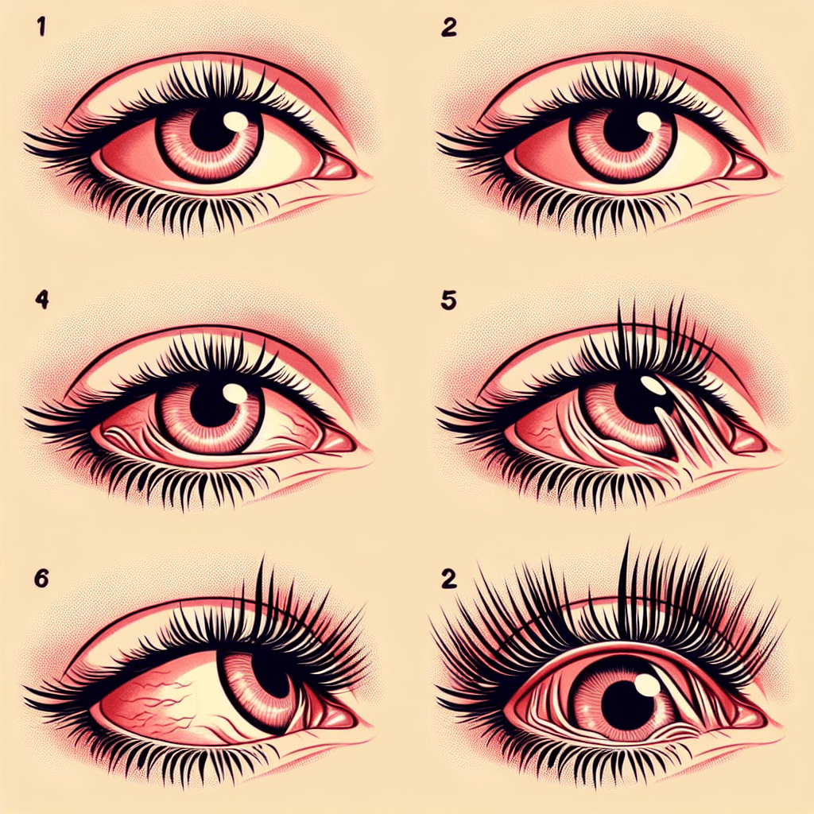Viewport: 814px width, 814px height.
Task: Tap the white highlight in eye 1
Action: (236, 120)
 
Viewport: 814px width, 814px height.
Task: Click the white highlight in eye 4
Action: (235, 393)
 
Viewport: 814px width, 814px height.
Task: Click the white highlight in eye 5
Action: (654, 386)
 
